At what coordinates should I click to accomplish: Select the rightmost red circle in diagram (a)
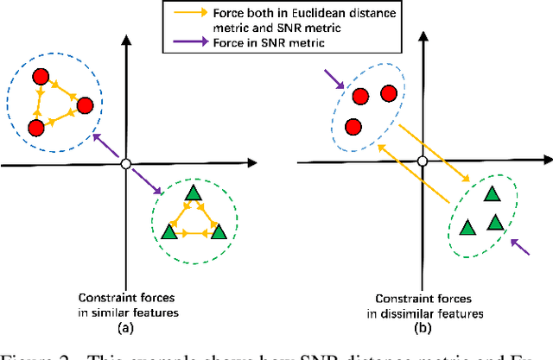tap(85, 105)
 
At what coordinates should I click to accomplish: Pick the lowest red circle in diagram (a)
tap(36, 128)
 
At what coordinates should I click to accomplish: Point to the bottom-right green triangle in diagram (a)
tap(218, 231)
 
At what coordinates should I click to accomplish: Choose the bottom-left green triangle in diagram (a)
tap(170, 231)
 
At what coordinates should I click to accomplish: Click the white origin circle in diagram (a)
tap(125, 163)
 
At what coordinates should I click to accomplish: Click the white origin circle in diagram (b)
tap(422, 161)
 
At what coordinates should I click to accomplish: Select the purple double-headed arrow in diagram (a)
tap(125, 163)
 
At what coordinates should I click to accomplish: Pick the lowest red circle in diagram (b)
tap(353, 127)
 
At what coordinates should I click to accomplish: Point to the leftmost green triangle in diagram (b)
tap(467, 227)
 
